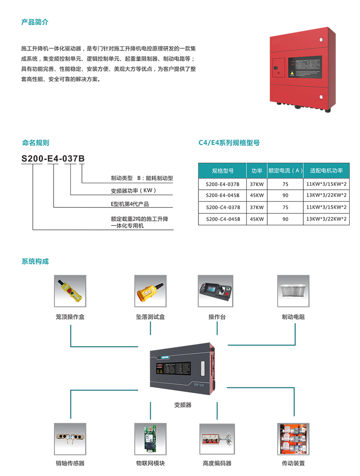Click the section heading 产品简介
pyautogui.click(x=35, y=22)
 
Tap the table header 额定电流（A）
pyautogui.click(x=285, y=171)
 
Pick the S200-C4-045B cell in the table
pyautogui.click(x=223, y=219)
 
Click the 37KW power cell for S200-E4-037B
pyautogui.click(x=257, y=184)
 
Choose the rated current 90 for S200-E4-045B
pyautogui.click(x=285, y=196)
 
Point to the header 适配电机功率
pyautogui.click(x=326, y=171)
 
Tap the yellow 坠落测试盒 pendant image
pyautogui.click(x=151, y=291)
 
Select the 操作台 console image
pyautogui.click(x=216, y=291)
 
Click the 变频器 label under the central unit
pyautogui.click(x=183, y=405)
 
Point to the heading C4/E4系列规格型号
pyautogui.click(x=229, y=143)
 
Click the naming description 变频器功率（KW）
pyautogui.click(x=133, y=191)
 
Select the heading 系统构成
pyautogui.click(x=35, y=261)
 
